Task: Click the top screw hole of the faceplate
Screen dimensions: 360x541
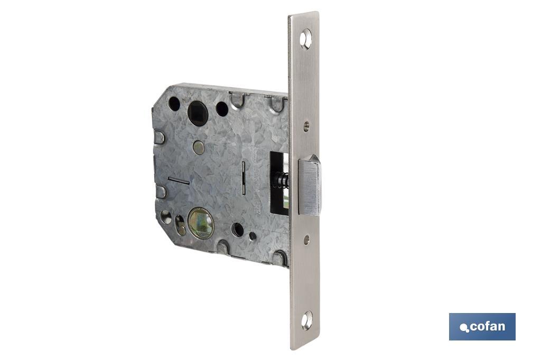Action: click(x=306, y=38)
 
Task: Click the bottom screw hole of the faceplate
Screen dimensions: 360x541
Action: click(x=306, y=320)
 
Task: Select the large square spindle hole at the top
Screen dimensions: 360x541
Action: click(x=198, y=113)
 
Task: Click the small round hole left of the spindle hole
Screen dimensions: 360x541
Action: click(x=174, y=104)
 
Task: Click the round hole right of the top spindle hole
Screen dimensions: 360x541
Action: click(x=222, y=109)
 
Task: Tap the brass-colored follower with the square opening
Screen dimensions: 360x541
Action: click(x=201, y=223)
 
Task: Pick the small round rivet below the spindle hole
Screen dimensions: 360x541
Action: click(x=198, y=148)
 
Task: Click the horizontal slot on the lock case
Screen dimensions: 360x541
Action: click(x=179, y=181)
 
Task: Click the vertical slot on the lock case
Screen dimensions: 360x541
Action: click(x=243, y=178)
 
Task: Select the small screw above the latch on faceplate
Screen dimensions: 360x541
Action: click(x=306, y=125)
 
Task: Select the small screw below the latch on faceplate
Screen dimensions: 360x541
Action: click(x=306, y=240)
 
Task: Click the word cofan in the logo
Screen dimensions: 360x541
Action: click(x=487, y=326)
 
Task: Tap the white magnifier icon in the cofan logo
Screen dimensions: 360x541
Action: click(x=464, y=328)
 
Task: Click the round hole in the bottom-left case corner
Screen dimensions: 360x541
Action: click(x=165, y=216)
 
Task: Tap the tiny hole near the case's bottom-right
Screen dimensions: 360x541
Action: click(x=253, y=236)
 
